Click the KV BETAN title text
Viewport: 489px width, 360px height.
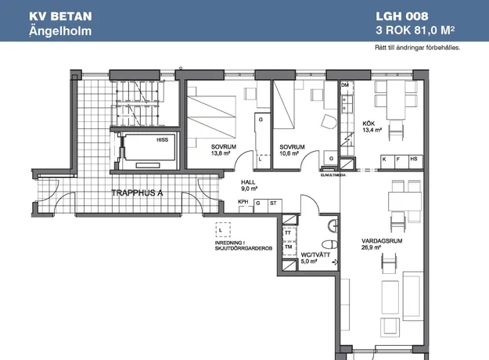[x=60, y=16]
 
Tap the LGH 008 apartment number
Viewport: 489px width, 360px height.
[x=402, y=16]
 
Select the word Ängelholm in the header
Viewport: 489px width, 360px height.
[x=60, y=31]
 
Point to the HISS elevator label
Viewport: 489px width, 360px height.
[x=162, y=140]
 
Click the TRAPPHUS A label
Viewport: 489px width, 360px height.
[x=137, y=193]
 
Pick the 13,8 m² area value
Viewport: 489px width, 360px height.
[x=221, y=153]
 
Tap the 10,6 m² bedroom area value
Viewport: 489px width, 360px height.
[x=289, y=153]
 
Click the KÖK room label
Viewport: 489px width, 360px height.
[x=369, y=124]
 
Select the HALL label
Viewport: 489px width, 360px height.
[x=248, y=182]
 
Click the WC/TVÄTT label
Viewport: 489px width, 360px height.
[x=315, y=255]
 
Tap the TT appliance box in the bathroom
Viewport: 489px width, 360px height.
[x=289, y=232]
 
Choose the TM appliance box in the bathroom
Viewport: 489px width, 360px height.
[x=289, y=247]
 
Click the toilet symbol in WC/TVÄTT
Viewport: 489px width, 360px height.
[x=329, y=244]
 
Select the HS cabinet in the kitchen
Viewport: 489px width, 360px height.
[x=415, y=162]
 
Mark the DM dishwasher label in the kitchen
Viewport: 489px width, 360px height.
[x=345, y=85]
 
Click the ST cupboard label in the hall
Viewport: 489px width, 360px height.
[x=273, y=203]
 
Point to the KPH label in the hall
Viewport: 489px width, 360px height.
[x=243, y=202]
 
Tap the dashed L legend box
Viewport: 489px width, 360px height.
[x=223, y=230]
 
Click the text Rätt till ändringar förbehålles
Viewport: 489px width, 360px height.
[x=417, y=48]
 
